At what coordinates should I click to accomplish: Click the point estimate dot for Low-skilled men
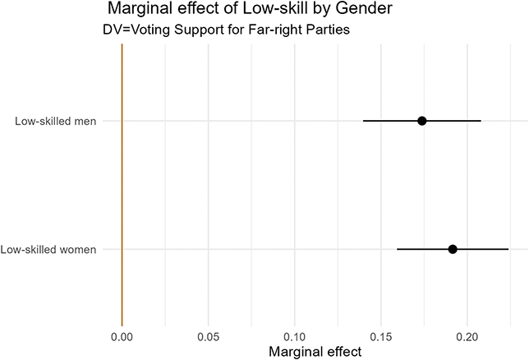point(421,121)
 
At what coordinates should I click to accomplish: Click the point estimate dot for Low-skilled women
point(453,248)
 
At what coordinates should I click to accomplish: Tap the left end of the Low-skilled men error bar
point(363,121)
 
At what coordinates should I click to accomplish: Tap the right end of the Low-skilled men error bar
point(481,121)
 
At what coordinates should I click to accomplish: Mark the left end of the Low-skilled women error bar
point(397,248)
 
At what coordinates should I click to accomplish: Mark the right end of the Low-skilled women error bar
point(508,248)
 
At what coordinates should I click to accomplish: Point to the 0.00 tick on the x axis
point(122,337)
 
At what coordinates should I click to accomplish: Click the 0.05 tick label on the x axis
point(208,337)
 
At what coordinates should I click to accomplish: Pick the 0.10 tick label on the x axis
point(294,337)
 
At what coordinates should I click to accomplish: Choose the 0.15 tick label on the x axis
point(381,337)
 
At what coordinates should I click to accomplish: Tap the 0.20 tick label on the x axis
point(467,337)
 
